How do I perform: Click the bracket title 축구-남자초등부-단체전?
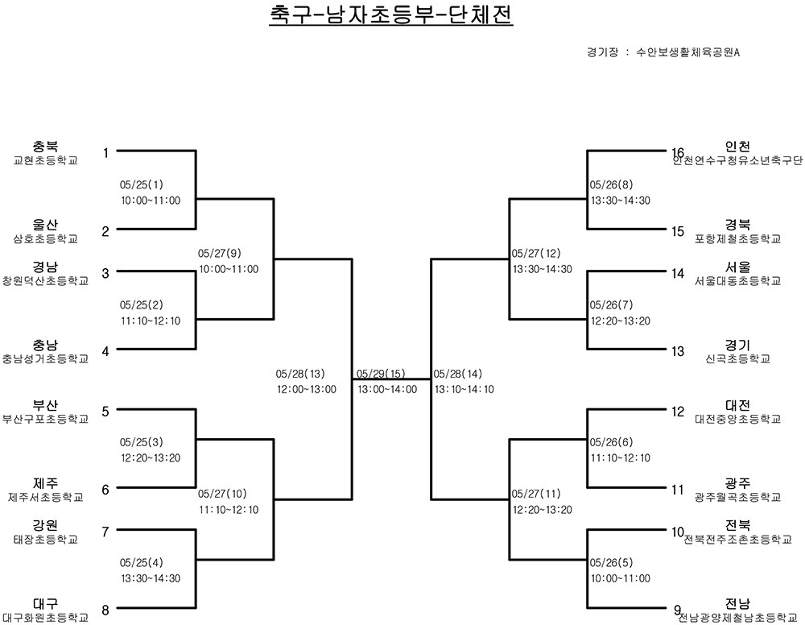point(391,14)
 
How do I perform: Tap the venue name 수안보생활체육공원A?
point(687,52)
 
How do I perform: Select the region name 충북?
point(46,146)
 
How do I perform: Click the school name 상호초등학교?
point(46,238)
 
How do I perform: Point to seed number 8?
point(105,611)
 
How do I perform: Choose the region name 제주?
point(46,483)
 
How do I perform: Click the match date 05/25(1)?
point(142,184)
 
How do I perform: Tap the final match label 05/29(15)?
point(381,374)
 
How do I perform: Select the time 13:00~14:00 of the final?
point(388,389)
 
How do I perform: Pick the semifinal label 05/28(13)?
point(300,374)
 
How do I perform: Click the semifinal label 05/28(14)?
point(458,374)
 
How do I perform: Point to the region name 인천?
point(737,146)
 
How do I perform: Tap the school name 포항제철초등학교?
point(737,238)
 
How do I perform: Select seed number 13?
point(678,351)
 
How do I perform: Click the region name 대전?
point(737,406)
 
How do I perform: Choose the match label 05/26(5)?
point(612,562)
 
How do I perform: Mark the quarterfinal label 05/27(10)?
point(222,494)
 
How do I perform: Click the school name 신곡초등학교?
point(737,359)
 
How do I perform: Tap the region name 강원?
point(46,525)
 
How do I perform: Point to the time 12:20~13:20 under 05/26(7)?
point(621,321)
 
